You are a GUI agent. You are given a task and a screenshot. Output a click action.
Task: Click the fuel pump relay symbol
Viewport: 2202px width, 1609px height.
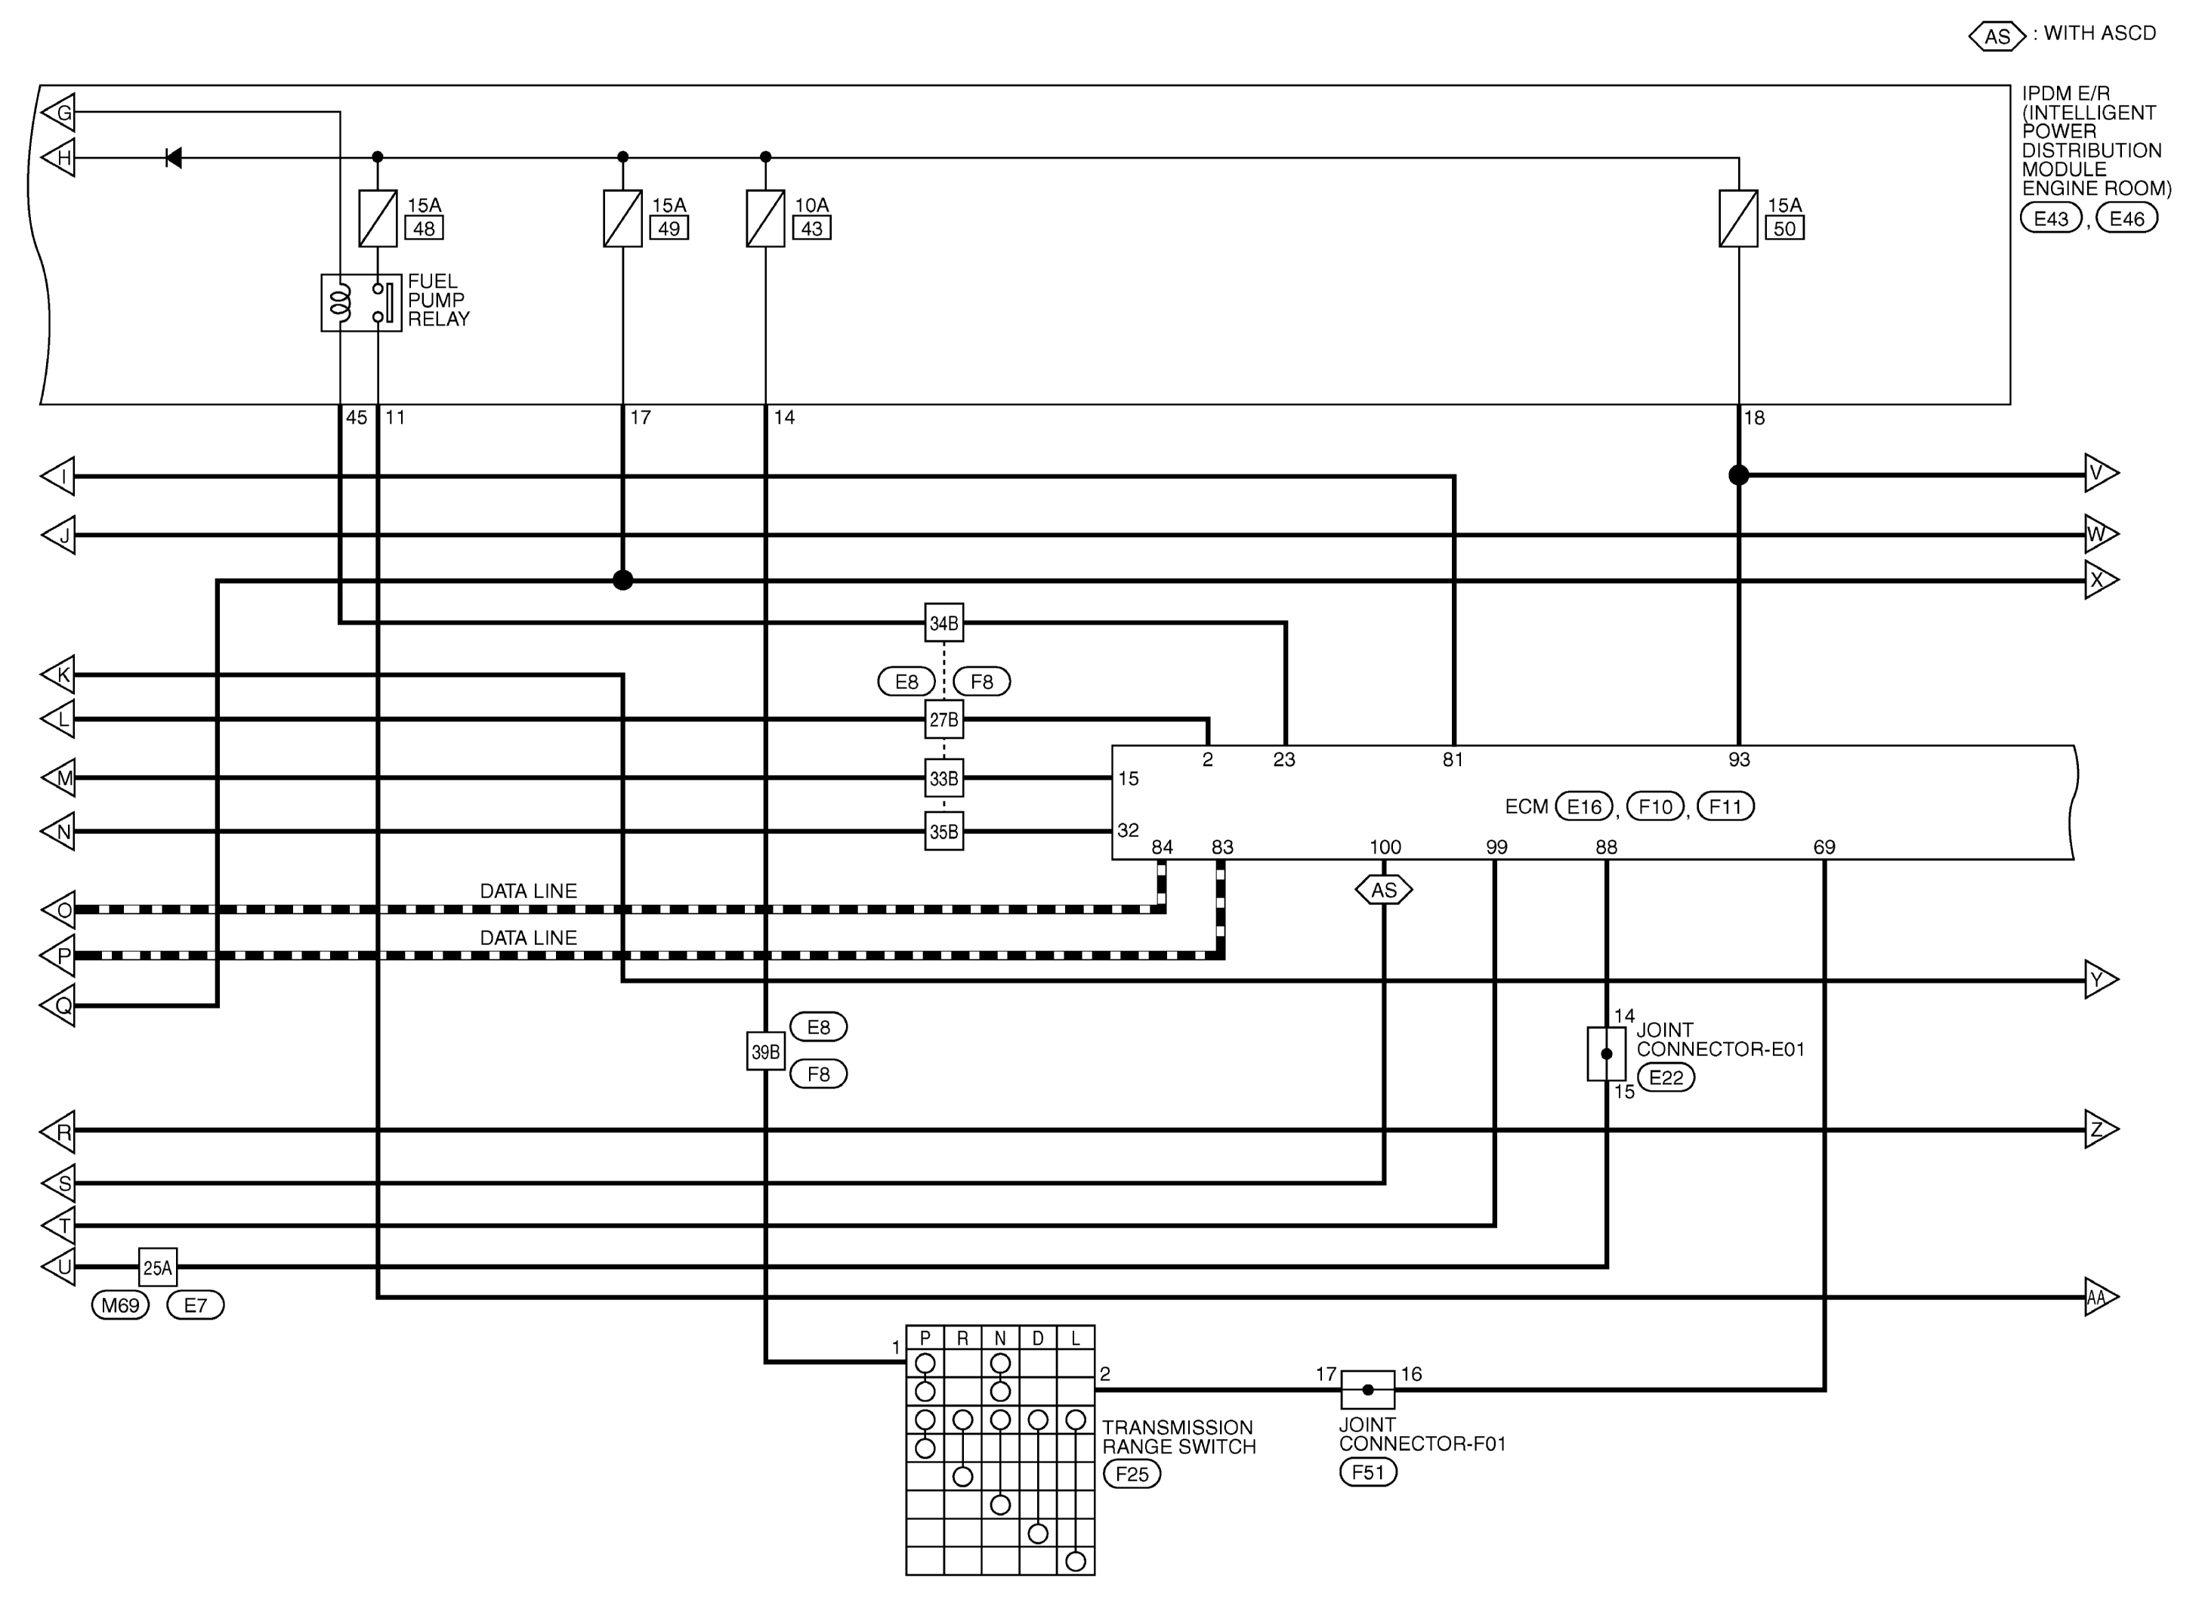(x=361, y=303)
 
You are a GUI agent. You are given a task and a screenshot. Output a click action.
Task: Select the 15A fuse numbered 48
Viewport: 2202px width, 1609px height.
(x=378, y=218)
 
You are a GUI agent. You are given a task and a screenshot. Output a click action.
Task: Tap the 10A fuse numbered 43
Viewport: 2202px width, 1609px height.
(x=765, y=218)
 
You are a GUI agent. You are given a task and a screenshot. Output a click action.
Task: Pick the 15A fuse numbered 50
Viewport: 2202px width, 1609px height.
(x=1738, y=218)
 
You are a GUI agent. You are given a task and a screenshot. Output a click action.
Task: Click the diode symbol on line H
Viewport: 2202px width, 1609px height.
(x=173, y=158)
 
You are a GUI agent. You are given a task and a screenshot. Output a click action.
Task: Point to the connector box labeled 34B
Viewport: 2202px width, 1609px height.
(x=943, y=623)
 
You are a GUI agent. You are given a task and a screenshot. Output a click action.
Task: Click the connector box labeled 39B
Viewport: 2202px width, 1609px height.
(x=765, y=1052)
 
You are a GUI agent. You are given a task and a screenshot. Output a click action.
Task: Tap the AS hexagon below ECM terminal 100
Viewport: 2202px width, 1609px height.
(x=1384, y=890)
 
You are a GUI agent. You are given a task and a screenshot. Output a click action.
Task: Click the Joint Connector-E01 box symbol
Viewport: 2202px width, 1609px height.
(x=1607, y=1054)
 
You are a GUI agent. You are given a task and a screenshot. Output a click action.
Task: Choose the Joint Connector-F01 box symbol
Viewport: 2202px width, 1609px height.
(x=1368, y=1390)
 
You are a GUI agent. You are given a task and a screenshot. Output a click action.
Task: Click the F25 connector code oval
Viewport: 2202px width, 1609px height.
(x=1132, y=1474)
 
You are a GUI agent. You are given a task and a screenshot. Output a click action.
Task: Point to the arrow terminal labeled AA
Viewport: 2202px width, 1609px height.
(x=2102, y=1297)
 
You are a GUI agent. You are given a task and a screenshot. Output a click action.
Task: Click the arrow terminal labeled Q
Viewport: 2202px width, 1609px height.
(x=57, y=1005)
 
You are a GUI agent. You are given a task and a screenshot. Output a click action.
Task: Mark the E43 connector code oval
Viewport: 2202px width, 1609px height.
(x=2051, y=218)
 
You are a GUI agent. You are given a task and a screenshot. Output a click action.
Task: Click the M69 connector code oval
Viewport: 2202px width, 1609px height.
(x=121, y=1305)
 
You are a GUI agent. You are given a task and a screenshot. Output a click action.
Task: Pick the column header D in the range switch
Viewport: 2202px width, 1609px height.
(x=1038, y=1339)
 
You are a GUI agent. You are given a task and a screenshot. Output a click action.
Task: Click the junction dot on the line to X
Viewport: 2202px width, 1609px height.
(x=623, y=580)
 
